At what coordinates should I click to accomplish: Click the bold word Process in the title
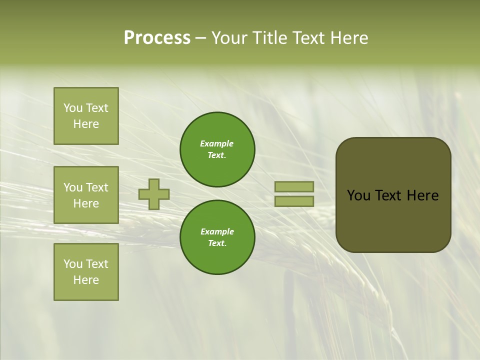click(x=157, y=38)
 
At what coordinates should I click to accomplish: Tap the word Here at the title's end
click(x=349, y=38)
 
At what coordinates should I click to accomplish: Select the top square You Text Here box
click(x=86, y=116)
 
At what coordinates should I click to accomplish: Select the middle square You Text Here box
click(x=86, y=195)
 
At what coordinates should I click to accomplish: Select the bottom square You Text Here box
click(x=86, y=272)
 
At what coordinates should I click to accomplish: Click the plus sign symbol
click(x=154, y=194)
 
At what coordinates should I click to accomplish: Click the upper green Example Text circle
click(x=217, y=149)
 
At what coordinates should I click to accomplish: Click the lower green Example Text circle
click(x=217, y=237)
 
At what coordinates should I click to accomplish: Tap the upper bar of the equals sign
click(x=294, y=187)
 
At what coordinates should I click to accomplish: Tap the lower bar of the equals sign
click(x=294, y=201)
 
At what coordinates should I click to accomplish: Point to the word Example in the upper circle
click(x=217, y=143)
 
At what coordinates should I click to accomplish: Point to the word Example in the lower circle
click(x=217, y=231)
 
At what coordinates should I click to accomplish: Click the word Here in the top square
click(x=86, y=124)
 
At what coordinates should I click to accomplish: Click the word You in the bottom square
click(x=73, y=264)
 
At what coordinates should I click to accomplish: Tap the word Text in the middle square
click(x=97, y=187)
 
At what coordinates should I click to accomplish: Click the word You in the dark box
click(x=358, y=195)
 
